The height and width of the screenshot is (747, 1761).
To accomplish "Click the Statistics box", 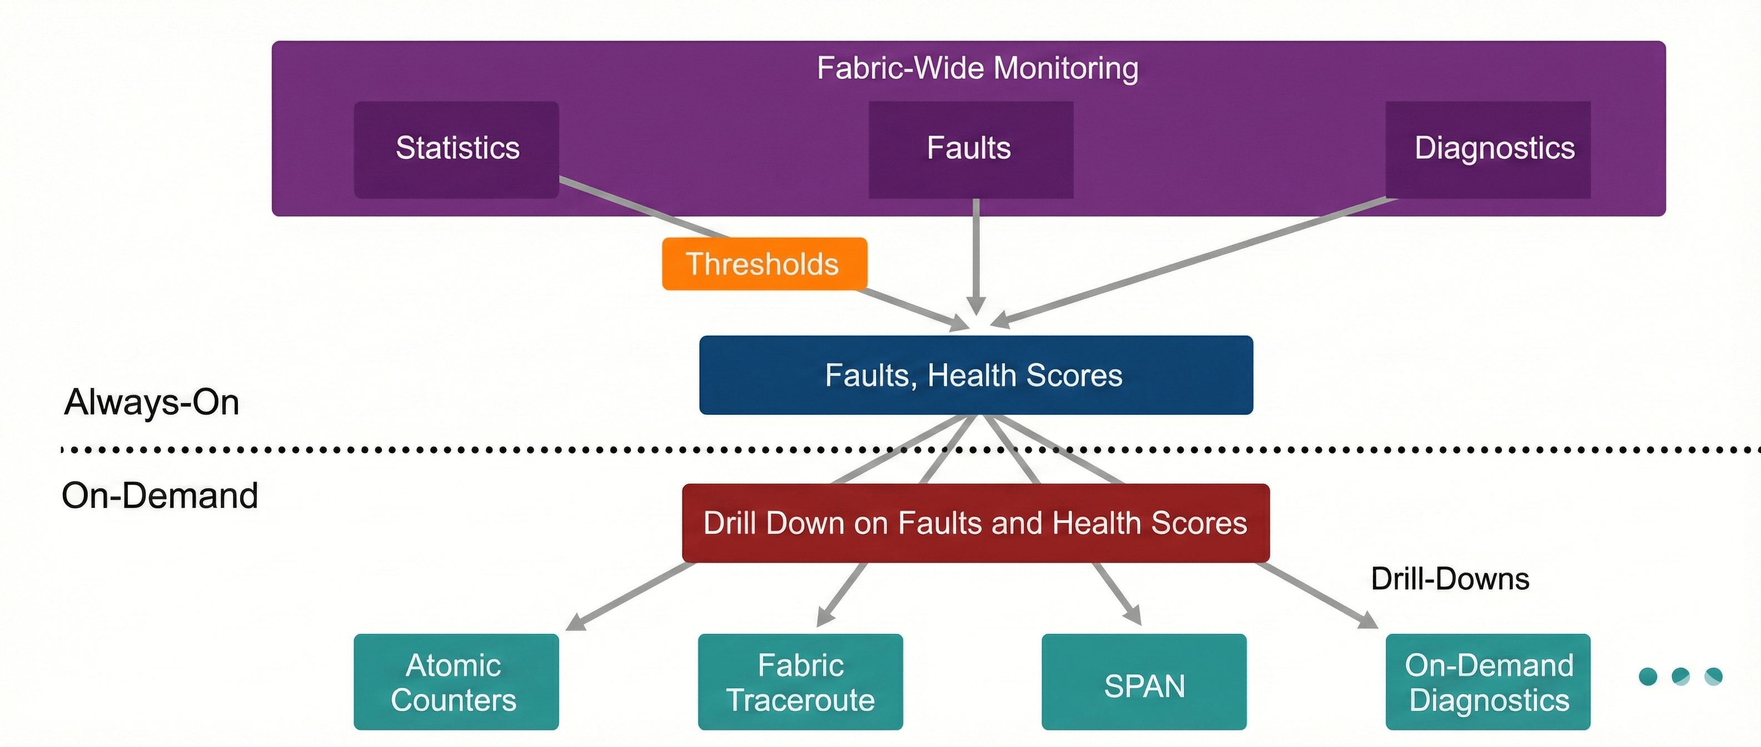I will coord(457,150).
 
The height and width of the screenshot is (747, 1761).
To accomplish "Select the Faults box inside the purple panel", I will coord(971,150).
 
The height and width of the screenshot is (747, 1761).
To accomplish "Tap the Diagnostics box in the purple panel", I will coord(1488,150).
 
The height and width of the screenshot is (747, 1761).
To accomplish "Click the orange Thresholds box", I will coord(764,264).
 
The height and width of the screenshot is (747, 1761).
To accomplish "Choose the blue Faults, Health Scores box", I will coord(976,375).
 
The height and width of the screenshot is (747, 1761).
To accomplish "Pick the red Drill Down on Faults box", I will coord(976,523).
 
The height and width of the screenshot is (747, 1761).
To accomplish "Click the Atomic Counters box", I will coord(456,682).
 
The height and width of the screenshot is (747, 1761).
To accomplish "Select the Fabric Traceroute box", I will coord(800,682).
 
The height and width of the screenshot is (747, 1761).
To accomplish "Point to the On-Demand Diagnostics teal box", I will coord(1488,682).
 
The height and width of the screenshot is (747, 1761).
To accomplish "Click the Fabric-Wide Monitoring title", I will coord(978,68).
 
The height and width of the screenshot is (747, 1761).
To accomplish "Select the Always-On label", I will coord(152,402).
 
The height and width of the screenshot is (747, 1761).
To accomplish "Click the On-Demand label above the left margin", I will coord(160,495).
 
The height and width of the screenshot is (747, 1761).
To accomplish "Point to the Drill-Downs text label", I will coord(1450,579).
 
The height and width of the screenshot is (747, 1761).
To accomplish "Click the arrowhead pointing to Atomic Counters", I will coord(576,622).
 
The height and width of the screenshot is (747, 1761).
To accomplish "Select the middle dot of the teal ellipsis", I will coord(1680,676).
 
